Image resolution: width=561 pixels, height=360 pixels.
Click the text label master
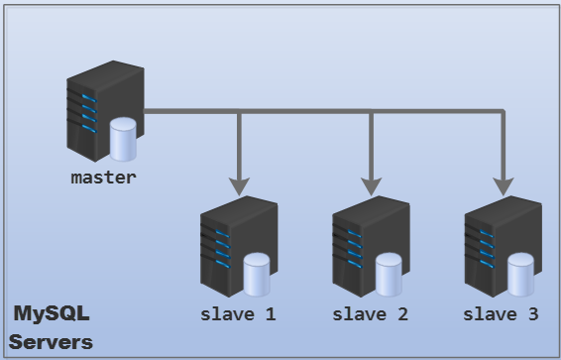coord(103,179)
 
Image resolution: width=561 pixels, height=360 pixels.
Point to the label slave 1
coord(238,315)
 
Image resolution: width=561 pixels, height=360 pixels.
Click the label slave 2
coord(370,315)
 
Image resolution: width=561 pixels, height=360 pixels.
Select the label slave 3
coord(502,315)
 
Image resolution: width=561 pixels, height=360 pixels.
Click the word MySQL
coord(52,315)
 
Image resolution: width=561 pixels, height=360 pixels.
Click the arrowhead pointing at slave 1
coord(239,184)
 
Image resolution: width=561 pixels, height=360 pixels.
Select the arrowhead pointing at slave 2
coord(372,184)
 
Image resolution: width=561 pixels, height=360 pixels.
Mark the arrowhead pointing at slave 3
coord(504,184)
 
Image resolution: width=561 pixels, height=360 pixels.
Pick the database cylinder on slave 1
coord(257,275)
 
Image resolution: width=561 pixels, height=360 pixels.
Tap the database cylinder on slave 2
coord(389,275)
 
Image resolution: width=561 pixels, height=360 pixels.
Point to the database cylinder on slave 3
coord(520,275)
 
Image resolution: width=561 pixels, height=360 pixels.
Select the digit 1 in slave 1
coord(270,315)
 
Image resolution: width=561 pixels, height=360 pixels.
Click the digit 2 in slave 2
coord(401,315)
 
